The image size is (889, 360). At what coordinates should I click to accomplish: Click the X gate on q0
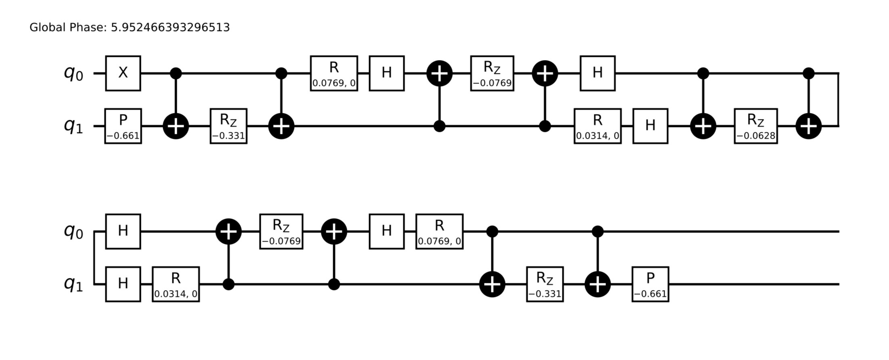click(x=123, y=73)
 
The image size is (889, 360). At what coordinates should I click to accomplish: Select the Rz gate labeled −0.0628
click(x=756, y=126)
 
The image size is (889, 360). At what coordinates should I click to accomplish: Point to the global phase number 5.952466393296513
click(x=170, y=27)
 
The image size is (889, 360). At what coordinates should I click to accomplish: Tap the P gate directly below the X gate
click(x=123, y=126)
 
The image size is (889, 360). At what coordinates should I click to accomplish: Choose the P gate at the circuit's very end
click(x=650, y=284)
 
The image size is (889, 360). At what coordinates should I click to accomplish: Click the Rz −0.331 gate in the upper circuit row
click(x=229, y=126)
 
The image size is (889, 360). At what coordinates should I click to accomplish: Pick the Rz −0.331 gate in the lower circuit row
click(x=545, y=284)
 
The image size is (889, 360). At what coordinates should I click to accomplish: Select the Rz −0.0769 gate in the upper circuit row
click(x=492, y=73)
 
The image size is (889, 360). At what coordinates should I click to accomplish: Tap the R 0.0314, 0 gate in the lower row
click(x=176, y=284)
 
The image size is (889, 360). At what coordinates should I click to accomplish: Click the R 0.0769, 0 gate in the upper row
click(x=334, y=73)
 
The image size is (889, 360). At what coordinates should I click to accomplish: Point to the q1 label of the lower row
click(x=73, y=284)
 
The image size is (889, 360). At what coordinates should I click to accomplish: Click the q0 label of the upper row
click(x=73, y=73)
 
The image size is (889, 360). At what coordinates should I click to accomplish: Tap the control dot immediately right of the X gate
click(x=176, y=73)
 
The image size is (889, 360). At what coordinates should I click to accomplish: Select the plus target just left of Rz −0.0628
click(x=703, y=126)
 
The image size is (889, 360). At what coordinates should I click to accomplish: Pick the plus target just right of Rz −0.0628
click(x=809, y=126)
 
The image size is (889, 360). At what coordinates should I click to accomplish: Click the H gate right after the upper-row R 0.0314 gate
click(x=650, y=126)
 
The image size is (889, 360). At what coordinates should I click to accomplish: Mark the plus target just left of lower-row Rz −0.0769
click(x=229, y=232)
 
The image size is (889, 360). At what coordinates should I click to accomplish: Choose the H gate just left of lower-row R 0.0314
click(x=123, y=284)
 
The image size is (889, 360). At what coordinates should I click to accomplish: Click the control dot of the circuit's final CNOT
click(x=598, y=232)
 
